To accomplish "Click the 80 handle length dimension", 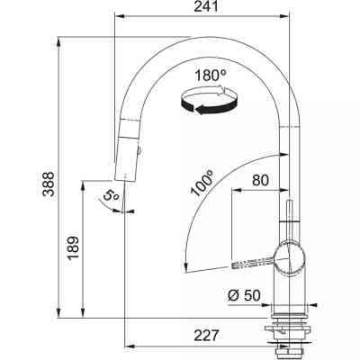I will (x=260, y=179).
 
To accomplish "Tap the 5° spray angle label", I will (x=110, y=193).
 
